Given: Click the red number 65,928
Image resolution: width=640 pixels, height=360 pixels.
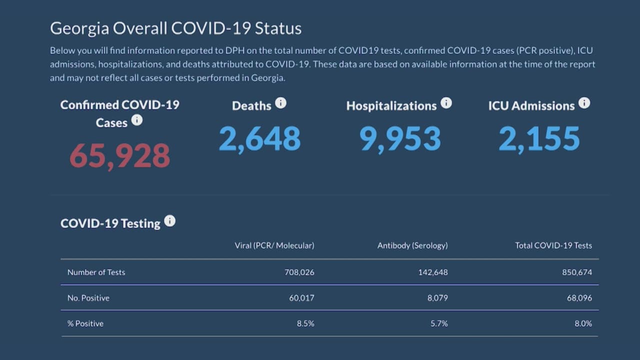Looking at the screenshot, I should [x=120, y=155].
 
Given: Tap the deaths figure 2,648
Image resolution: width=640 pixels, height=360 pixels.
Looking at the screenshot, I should [x=259, y=139].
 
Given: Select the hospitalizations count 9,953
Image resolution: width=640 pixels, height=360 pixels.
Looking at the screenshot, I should [x=400, y=139].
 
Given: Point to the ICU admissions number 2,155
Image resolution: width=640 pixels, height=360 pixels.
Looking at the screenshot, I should [x=539, y=139].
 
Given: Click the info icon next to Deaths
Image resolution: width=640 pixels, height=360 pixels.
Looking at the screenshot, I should [x=281, y=103].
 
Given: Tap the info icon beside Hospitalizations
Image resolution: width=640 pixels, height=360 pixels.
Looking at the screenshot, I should [x=446, y=103].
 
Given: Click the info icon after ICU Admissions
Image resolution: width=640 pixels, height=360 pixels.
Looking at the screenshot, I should [x=584, y=103].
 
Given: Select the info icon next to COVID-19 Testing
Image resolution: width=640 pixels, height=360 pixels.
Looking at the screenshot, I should [x=170, y=221].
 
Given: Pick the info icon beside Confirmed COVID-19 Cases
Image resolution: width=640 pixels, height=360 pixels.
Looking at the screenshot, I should [x=136, y=120].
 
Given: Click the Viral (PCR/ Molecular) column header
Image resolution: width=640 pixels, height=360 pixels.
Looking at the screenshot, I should [x=274, y=245].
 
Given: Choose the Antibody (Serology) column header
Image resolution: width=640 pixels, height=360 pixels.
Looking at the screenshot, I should [x=412, y=245].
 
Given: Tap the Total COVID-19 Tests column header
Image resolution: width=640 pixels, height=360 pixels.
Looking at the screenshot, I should [x=553, y=245].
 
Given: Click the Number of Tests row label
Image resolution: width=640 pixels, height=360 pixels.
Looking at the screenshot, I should [x=96, y=272].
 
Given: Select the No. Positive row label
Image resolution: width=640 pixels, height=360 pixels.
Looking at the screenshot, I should [x=88, y=298].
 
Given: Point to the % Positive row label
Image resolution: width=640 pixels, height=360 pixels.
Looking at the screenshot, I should [x=85, y=323].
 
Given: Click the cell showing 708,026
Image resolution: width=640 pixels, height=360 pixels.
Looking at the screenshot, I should [x=299, y=272].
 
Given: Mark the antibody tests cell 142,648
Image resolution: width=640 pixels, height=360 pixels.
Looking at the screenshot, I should [x=433, y=272].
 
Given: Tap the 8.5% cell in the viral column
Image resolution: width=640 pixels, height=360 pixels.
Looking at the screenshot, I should [x=305, y=323].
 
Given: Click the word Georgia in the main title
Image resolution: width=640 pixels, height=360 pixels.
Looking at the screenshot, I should [x=79, y=28].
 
